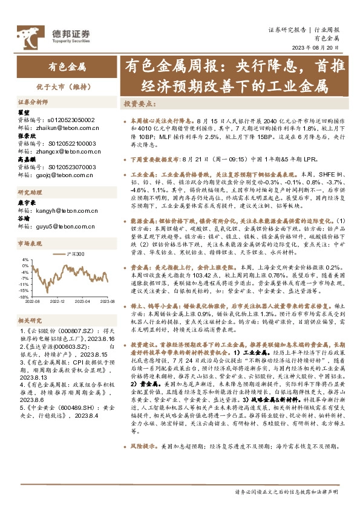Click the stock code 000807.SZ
(x=70, y=332)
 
